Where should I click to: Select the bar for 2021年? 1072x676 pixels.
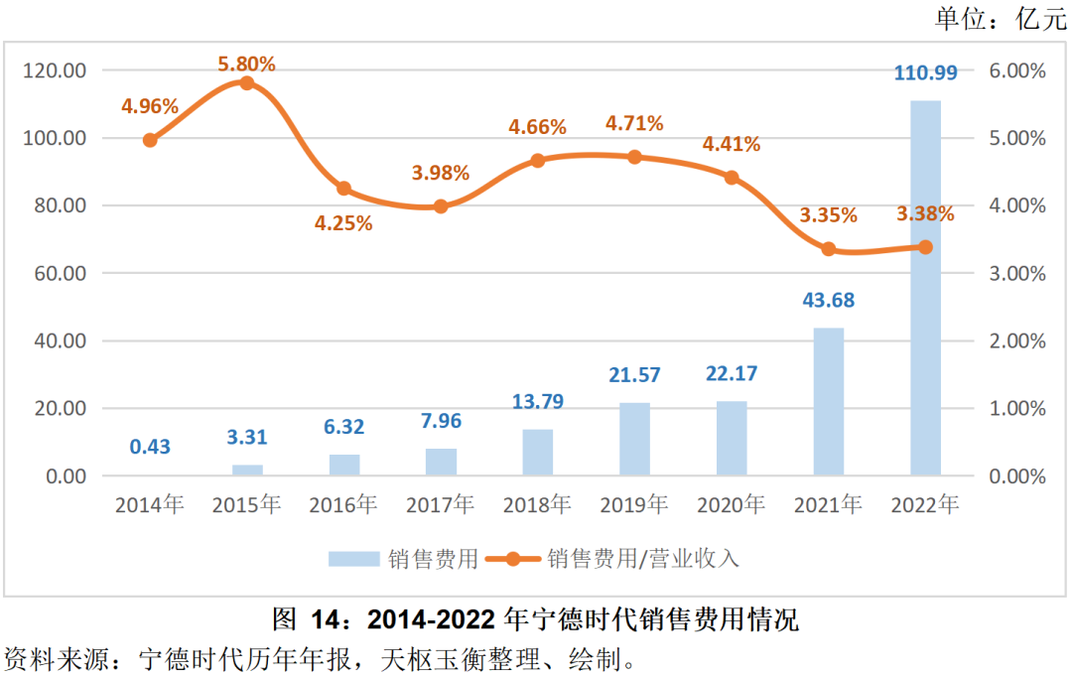click(829, 402)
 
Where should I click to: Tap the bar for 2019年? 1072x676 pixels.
click(634, 439)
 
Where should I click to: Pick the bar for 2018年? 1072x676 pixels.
click(538, 453)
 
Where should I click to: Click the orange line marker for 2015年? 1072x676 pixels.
click(247, 83)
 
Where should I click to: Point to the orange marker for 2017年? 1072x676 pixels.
click(441, 206)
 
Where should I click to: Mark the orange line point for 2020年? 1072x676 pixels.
click(732, 178)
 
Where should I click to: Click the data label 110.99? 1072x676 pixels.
click(925, 71)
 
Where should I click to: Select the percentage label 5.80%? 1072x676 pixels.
click(247, 65)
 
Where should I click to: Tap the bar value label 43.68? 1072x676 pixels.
click(829, 300)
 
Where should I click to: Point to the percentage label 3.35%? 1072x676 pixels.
click(829, 215)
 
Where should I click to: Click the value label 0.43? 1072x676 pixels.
click(150, 447)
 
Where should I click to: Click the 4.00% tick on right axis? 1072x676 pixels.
click(1017, 205)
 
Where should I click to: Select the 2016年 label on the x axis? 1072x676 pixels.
click(343, 505)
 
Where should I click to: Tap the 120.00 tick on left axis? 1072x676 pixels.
click(56, 70)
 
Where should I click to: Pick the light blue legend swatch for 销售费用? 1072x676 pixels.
click(354, 559)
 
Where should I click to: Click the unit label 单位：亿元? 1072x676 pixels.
click(999, 18)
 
